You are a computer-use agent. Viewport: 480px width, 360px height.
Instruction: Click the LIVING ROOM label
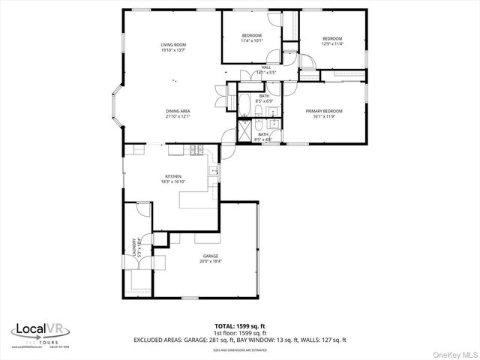coord(173,45)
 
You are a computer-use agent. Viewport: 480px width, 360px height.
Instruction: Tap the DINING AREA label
coord(178,111)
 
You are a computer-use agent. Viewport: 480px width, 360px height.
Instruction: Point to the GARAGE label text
coord(210,256)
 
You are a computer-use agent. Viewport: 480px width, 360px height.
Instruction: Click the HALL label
coord(265,67)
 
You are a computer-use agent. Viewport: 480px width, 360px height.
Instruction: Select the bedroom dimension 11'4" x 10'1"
coord(252,41)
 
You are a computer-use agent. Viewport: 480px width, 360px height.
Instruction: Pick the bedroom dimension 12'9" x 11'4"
coord(332,44)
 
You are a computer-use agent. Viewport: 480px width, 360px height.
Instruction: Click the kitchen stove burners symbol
coord(196,149)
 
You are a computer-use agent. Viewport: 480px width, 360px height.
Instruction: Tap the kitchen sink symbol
coord(214,172)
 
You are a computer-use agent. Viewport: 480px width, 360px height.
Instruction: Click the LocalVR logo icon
coord(20,329)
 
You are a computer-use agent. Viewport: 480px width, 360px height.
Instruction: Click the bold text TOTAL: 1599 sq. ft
coord(240,326)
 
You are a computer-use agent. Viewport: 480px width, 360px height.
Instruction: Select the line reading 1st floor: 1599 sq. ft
coord(240,333)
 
